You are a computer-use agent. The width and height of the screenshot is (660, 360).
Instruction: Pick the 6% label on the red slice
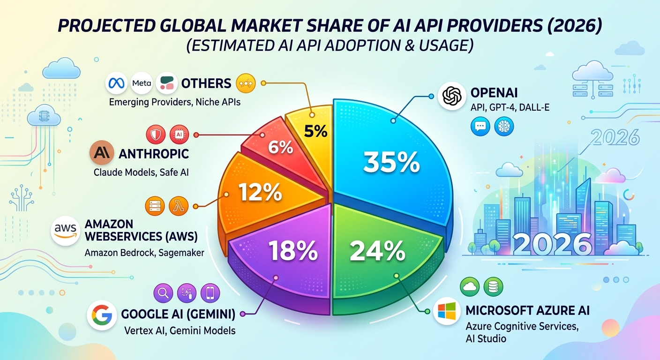tap(280, 148)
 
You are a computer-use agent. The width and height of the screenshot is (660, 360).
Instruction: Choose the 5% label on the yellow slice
tap(315, 132)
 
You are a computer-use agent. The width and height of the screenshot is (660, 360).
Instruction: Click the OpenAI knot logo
tap(453, 96)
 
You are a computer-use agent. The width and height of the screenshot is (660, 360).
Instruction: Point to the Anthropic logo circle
tap(103, 153)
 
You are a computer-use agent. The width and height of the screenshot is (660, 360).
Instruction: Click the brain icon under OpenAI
tap(504, 127)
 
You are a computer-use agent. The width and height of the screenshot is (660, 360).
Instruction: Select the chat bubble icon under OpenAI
tap(480, 127)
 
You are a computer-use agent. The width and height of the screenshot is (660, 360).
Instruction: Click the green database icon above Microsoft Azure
tap(493, 286)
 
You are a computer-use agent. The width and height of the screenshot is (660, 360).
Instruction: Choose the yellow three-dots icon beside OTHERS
tap(247, 83)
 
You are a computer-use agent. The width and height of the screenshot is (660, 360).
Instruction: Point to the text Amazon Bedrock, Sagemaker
tap(144, 253)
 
